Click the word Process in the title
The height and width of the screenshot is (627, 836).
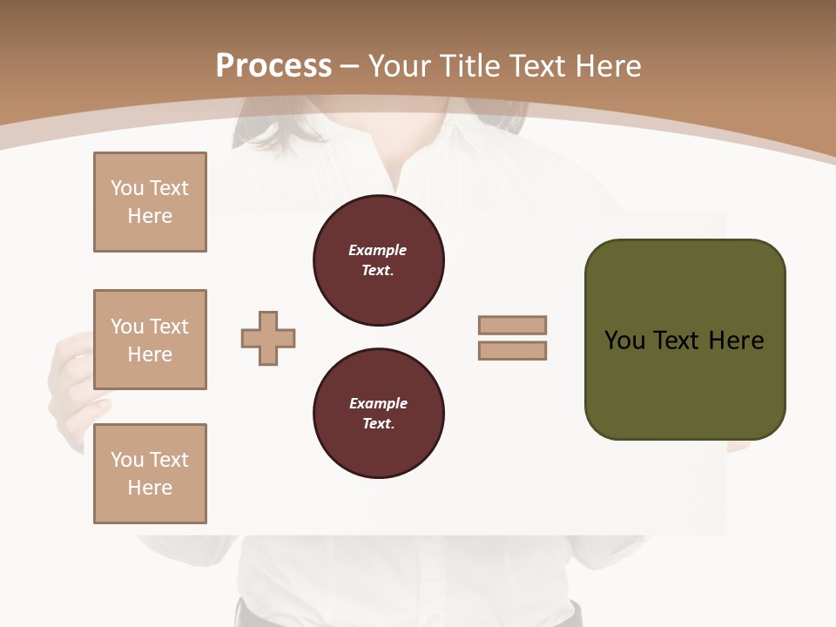point(273,66)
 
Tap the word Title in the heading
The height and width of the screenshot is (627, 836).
point(470,66)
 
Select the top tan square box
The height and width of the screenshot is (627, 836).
point(150,202)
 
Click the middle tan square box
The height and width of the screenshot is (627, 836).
point(150,340)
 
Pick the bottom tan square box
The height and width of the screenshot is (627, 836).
point(150,474)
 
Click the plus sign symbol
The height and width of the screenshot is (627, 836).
point(268,339)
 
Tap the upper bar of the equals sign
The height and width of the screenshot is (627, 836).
point(512,325)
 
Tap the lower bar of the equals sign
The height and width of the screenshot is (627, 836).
point(512,351)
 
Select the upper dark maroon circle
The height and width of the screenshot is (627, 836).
point(378,260)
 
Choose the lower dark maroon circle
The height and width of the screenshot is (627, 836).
point(378,414)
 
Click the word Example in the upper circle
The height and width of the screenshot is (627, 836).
point(377,250)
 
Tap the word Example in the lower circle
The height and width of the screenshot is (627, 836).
point(378,403)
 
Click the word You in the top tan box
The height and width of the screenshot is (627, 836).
point(127,188)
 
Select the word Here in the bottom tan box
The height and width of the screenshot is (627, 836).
point(150,488)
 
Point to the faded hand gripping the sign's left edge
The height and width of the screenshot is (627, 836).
point(73,383)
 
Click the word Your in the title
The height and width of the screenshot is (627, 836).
point(401,66)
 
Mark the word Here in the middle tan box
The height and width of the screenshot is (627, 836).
point(150,354)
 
